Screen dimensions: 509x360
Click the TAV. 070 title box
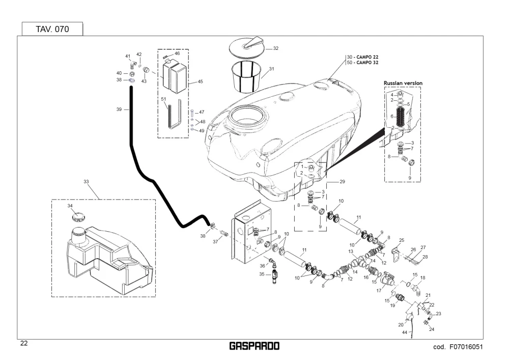(52, 29)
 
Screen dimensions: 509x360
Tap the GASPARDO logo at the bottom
(254, 346)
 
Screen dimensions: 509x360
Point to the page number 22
(24, 343)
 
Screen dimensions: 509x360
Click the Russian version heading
(403, 83)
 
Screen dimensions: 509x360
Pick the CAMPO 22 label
(367, 57)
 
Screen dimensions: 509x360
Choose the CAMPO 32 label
(367, 63)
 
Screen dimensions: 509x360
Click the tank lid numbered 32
(247, 46)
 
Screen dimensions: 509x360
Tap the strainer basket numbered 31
(246, 77)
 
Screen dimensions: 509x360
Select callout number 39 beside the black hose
(119, 109)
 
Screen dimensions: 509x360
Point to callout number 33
(86, 182)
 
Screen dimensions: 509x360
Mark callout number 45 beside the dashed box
(200, 81)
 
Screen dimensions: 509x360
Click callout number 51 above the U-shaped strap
(163, 99)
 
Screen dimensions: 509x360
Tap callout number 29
(342, 182)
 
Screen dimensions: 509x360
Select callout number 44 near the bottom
(405, 333)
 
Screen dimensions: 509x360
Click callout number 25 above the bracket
(402, 240)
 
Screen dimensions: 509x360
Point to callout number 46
(177, 53)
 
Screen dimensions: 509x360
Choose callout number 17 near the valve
(379, 291)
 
